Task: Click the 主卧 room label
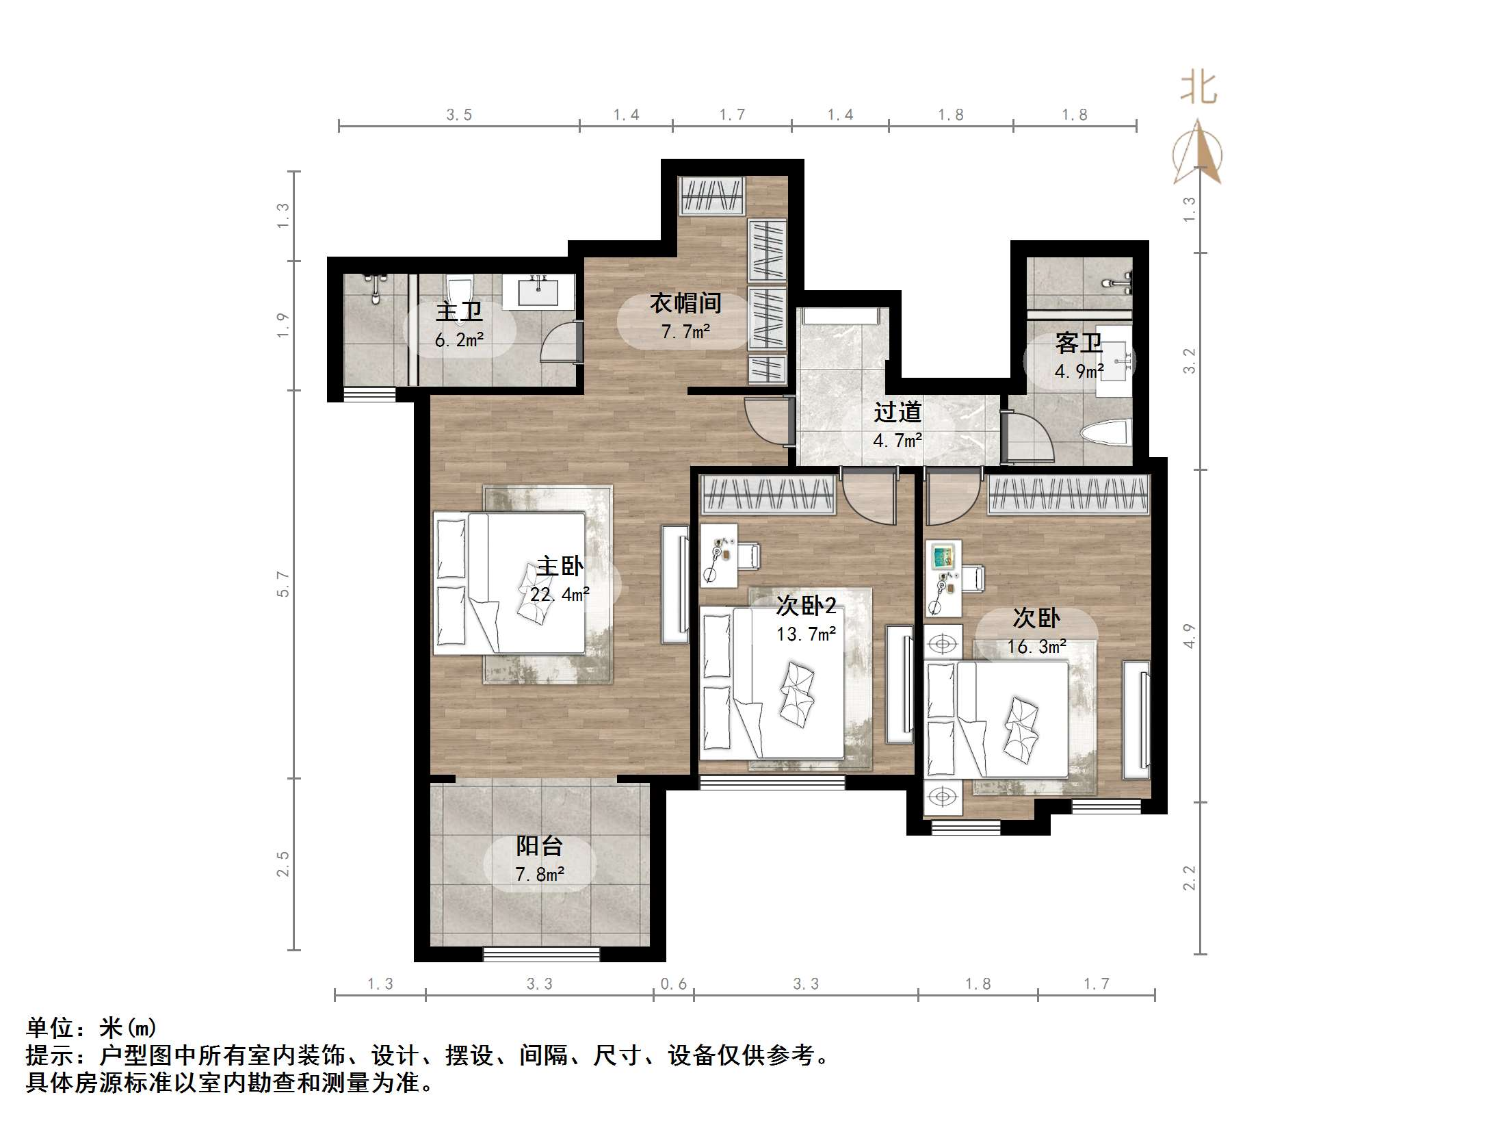pyautogui.click(x=560, y=566)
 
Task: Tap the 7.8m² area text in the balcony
pyautogui.click(x=540, y=874)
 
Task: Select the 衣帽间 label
pyautogui.click(x=685, y=303)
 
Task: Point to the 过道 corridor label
pyautogui.click(x=897, y=412)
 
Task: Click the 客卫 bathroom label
pyautogui.click(x=1079, y=343)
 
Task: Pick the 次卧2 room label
pyautogui.click(x=807, y=605)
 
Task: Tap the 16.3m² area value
pyautogui.click(x=1037, y=646)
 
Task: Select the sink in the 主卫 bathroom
pyautogui.click(x=538, y=292)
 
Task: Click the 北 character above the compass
pyautogui.click(x=1198, y=89)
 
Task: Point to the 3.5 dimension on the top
pyautogui.click(x=459, y=115)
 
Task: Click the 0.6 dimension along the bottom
pyautogui.click(x=673, y=984)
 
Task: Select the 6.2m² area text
pyautogui.click(x=459, y=339)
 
